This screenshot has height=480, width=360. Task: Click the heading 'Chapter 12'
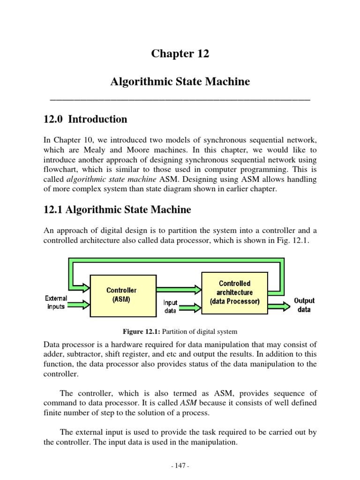point(180,54)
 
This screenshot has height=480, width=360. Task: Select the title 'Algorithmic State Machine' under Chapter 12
point(180,82)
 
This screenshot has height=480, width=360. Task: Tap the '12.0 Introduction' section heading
point(85,120)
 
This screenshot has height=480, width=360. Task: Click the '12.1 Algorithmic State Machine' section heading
point(117,210)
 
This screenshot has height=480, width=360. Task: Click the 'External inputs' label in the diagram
point(56,302)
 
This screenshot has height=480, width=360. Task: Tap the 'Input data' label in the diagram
point(170,307)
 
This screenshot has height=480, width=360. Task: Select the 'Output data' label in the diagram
point(304,305)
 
